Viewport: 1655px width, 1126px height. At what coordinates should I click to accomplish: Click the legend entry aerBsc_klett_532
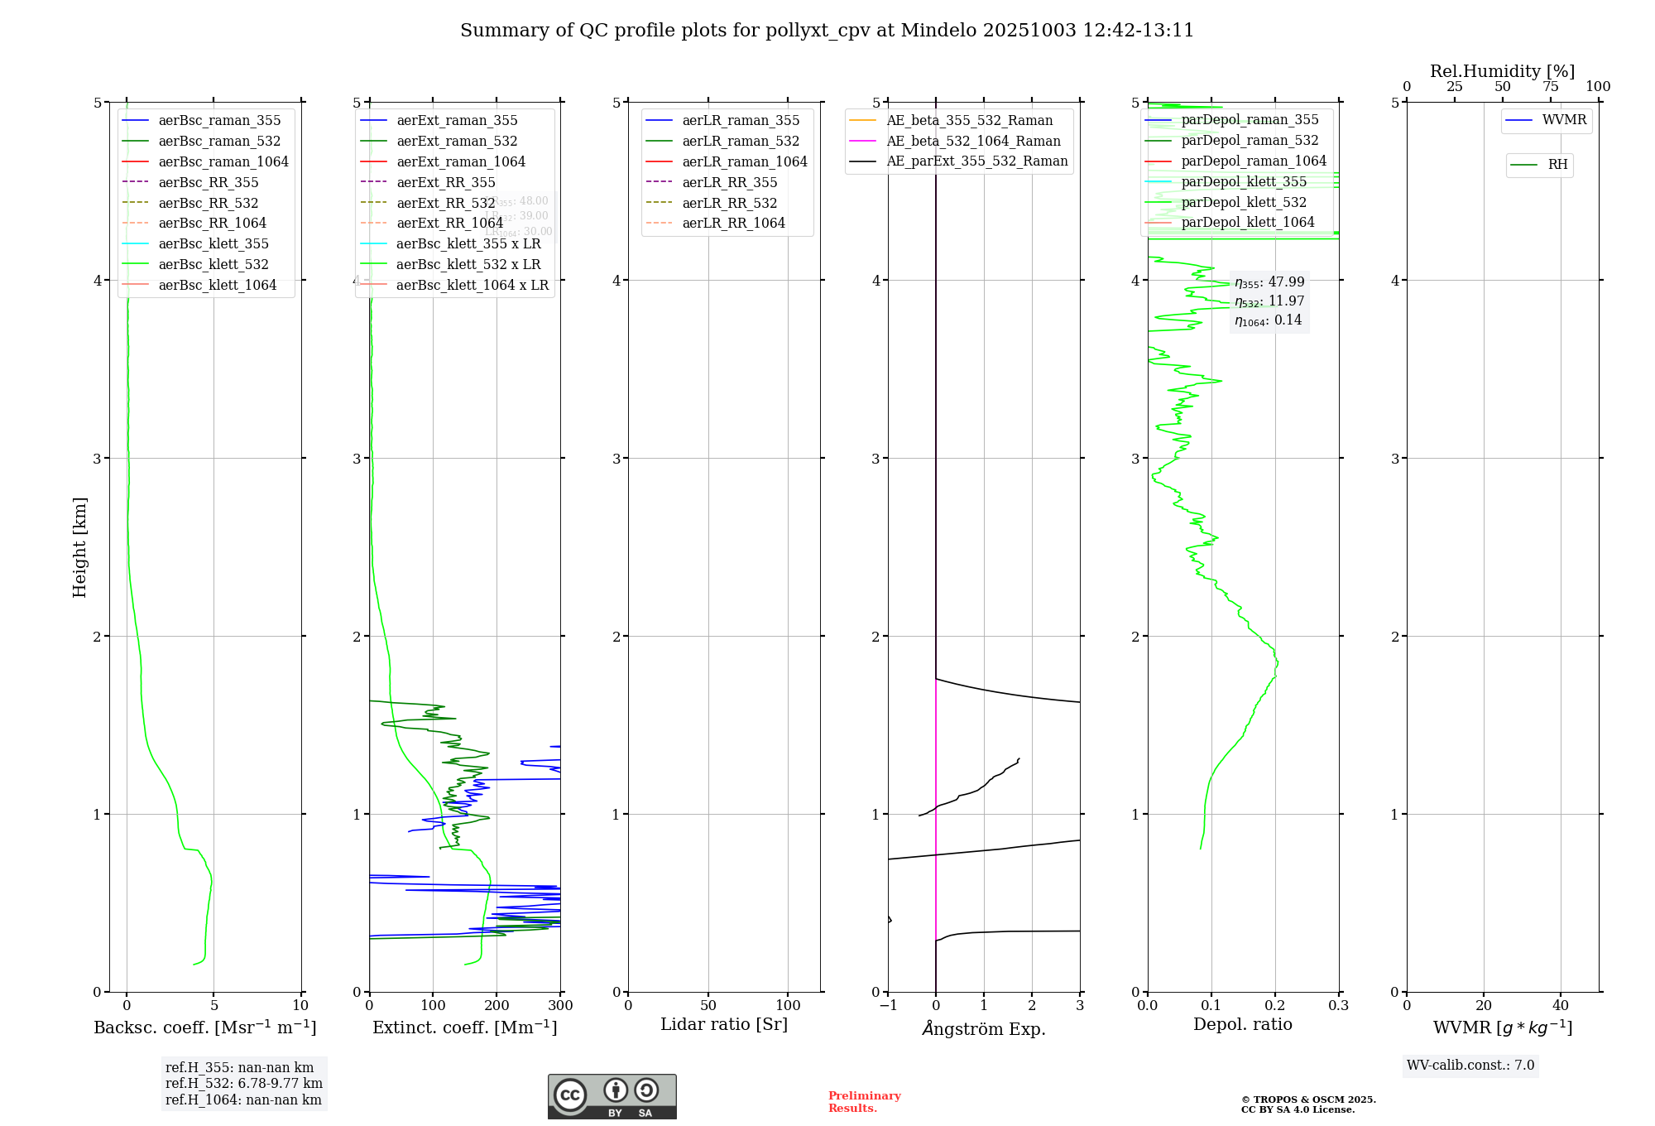coord(213,265)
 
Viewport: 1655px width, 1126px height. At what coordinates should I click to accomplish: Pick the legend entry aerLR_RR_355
coord(729,182)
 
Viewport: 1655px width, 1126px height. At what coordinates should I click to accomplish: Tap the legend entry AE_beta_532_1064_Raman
coord(973,141)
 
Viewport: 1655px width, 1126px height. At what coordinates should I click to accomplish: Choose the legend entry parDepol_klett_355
coord(1244,181)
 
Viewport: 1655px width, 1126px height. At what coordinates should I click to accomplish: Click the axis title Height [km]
coord(79,547)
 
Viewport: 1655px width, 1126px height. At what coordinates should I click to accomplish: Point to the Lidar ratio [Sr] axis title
coord(724,1024)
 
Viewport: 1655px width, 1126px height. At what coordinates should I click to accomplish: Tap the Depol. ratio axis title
coord(1242,1024)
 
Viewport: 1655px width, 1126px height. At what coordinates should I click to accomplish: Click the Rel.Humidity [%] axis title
coord(1502,71)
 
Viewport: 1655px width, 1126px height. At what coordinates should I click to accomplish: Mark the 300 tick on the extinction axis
coord(560,1006)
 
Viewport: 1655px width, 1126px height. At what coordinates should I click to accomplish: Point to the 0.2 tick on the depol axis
coord(1275,1006)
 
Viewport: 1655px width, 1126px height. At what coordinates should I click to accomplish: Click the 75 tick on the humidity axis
coord(1551,87)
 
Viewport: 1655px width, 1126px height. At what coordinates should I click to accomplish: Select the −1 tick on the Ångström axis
coord(888,1006)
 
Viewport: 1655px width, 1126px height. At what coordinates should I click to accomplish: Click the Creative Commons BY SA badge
coord(612,1097)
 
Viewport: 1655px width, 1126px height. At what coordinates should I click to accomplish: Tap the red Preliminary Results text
coord(864,1102)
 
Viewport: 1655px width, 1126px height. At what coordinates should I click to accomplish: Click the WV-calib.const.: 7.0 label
coord(1470,1066)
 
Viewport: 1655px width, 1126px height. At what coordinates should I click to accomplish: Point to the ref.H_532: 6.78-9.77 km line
coord(244,1084)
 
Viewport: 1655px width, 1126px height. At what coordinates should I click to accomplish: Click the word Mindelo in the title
coord(938,31)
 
